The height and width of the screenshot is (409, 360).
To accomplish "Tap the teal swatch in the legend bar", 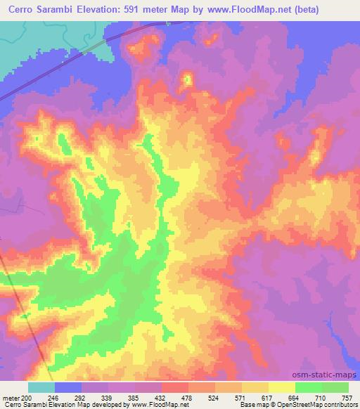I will coord(41,387).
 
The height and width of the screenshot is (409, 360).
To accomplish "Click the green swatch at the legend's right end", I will coord(335,387).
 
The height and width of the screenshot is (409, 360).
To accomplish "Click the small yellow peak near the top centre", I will coord(187,79).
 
